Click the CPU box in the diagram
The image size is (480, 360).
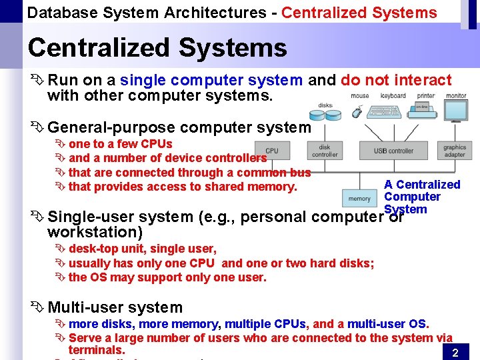point(272,151)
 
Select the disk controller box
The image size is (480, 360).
point(325,151)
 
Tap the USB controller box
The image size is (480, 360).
point(393,151)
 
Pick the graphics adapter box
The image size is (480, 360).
point(455,151)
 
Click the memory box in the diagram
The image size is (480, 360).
point(359,198)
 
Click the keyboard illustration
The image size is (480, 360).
point(392,111)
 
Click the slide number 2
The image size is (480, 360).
point(455,353)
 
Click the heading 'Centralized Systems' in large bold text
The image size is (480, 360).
point(157,48)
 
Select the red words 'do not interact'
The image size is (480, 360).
point(396,81)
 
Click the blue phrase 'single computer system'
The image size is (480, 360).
point(211,81)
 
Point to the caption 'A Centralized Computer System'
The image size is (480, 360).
point(421,196)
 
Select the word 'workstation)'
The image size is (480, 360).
point(95,232)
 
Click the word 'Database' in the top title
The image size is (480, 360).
point(59,13)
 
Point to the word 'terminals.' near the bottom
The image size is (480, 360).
point(96,350)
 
